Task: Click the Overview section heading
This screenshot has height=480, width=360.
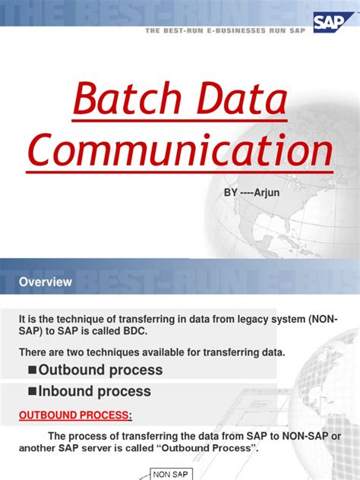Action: [46, 282]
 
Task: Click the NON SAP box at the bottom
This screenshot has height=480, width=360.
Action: [172, 475]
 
